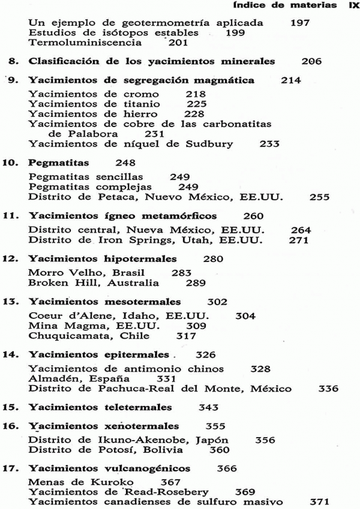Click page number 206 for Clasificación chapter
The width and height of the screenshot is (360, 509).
pyautogui.click(x=311, y=61)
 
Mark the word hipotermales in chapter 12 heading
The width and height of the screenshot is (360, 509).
pyautogui.click(x=141, y=260)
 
